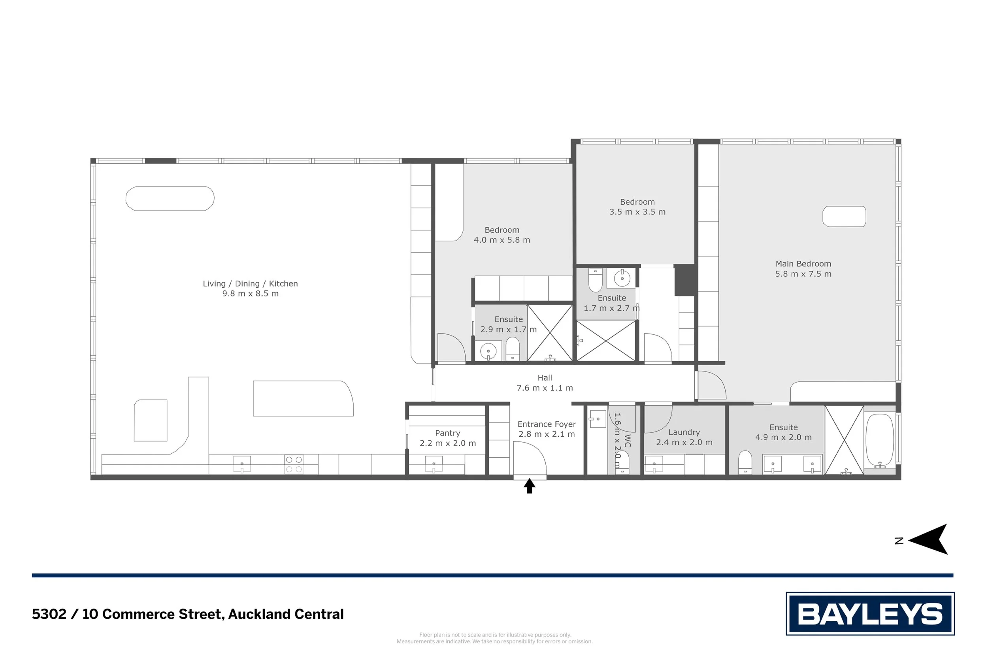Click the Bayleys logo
coord(870,614)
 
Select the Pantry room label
coord(447,433)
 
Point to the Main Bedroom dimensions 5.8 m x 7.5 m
coord(803,274)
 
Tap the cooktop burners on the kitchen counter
coord(294,464)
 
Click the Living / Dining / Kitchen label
coord(250,284)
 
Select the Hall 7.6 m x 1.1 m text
coord(544,383)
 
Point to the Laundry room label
coord(684,432)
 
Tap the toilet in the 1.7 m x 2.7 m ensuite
coord(595,280)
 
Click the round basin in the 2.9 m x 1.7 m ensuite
coord(488,351)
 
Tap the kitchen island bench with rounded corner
coord(302,398)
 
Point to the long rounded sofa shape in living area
coord(170,198)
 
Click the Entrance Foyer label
coord(546,424)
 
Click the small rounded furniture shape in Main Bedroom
coord(844,217)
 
